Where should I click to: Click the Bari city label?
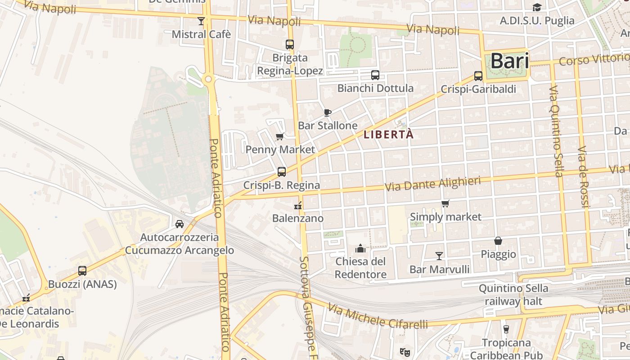coord(509,61)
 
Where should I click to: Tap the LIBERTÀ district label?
coord(388,135)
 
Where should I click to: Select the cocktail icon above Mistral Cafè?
coord(201,21)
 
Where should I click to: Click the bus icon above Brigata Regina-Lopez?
coord(290,45)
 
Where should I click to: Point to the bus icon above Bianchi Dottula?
coord(375,75)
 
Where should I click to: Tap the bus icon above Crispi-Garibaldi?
coord(478,76)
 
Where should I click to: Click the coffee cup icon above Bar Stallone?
coord(328,112)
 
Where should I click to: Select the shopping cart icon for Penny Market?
coord(279,136)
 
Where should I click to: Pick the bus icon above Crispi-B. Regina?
coord(282,172)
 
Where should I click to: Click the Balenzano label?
coord(298,218)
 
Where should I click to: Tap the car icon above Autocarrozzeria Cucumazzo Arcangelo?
coord(179,224)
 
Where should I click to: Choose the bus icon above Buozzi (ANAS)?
coord(82,271)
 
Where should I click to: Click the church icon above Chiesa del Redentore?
coord(360,248)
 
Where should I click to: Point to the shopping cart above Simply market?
coord(445,203)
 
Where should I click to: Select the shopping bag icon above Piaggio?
coord(498,241)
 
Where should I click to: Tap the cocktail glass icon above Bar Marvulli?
coord(439,256)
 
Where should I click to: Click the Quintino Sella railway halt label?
coord(513,295)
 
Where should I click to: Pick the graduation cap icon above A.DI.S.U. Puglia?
coord(537,7)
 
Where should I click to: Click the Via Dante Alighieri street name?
coord(432,184)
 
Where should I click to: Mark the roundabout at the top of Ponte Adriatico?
coord(208,80)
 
